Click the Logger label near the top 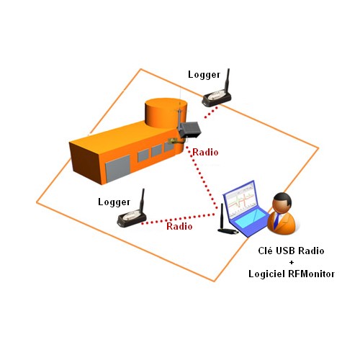pyautogui.click(x=204, y=75)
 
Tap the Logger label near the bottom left pyautogui.click(x=114, y=202)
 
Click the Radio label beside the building pyautogui.click(x=205, y=152)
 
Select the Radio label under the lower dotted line pyautogui.click(x=179, y=226)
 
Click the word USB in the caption pyautogui.click(x=284, y=251)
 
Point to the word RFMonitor pyautogui.click(x=312, y=274)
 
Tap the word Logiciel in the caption pyautogui.click(x=269, y=274)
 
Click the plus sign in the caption pyautogui.click(x=292, y=262)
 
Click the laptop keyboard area pyautogui.click(x=251, y=221)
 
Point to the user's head pyautogui.click(x=282, y=202)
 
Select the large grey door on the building pyautogui.click(x=117, y=168)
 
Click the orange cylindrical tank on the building pyautogui.click(x=166, y=113)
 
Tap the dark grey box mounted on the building pyautogui.click(x=190, y=130)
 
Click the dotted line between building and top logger pyautogui.click(x=211, y=112)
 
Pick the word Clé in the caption pyautogui.click(x=265, y=251)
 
